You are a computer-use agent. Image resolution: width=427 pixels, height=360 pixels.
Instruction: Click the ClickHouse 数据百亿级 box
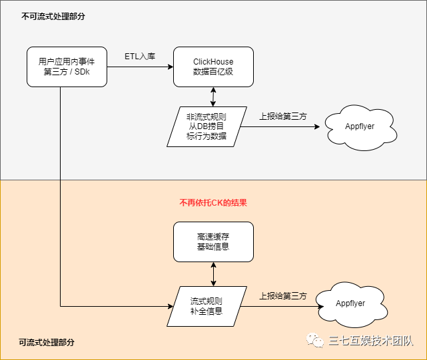pos(213,67)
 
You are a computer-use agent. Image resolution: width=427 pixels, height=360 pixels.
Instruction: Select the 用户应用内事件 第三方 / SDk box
pos(67,67)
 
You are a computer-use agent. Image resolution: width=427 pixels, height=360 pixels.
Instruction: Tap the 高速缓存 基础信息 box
pos(213,242)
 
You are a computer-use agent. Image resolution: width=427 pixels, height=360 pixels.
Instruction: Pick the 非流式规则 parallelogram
pos(207,127)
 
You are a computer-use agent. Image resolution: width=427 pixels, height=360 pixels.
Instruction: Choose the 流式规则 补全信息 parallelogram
pos(207,306)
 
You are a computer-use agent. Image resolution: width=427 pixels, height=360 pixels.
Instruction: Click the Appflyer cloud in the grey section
pos(360,127)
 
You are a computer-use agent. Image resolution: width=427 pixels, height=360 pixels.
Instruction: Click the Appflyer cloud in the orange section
pos(352,305)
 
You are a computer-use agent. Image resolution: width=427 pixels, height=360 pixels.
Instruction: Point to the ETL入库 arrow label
pos(140,57)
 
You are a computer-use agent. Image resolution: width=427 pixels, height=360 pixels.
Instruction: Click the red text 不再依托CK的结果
pos(213,203)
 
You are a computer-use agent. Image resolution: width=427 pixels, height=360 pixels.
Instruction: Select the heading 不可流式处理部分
pos(53,17)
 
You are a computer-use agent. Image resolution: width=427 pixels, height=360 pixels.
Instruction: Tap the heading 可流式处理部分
pos(47,342)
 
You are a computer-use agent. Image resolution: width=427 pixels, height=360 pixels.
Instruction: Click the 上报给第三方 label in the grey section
pos(283,116)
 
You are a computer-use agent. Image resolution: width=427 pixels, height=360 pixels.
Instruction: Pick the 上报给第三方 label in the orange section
pos(283,296)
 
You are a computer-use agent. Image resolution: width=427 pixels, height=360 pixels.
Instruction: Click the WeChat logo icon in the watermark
pos(315,340)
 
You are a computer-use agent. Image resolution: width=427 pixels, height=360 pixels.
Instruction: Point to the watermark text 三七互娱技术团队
pos(371,341)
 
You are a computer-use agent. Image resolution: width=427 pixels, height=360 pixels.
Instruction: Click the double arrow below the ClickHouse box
pos(213,97)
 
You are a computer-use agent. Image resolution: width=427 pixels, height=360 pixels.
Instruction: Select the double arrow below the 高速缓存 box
pos(213,274)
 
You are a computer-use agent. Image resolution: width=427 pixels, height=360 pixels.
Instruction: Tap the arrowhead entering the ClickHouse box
pos(171,67)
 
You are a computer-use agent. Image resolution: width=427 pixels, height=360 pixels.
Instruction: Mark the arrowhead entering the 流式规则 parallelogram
pos(171,306)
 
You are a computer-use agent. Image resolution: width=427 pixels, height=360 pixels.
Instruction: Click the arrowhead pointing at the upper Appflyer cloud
pos(317,126)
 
